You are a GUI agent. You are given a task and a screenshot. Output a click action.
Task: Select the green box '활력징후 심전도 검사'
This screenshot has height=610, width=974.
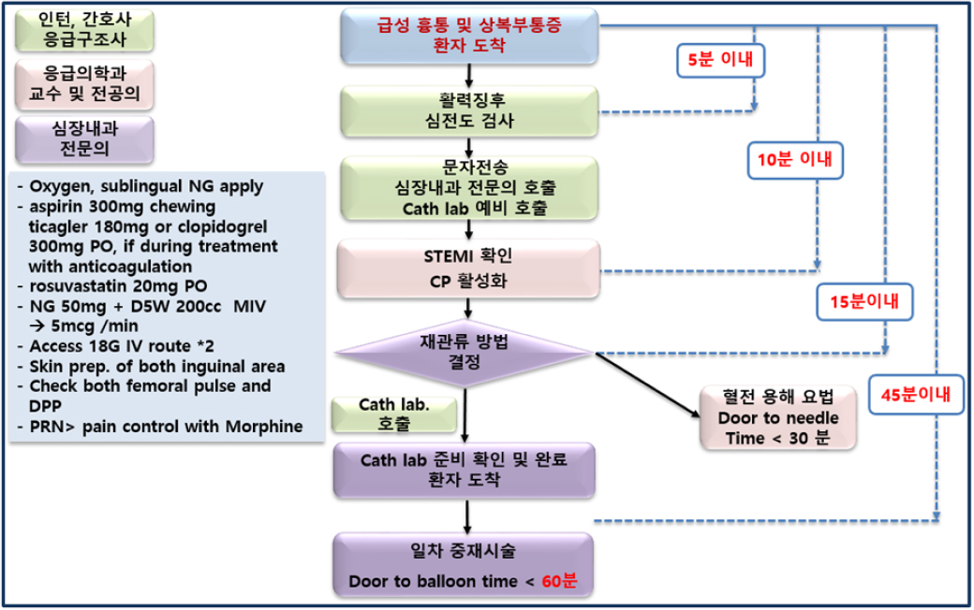tap(465, 111)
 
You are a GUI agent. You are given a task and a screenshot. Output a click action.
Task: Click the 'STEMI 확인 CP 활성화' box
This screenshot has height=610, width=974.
tap(465, 269)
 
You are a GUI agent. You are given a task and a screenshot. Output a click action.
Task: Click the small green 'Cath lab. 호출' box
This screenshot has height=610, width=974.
tap(393, 414)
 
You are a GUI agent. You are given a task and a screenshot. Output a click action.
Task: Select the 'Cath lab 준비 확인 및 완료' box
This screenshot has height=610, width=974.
tap(465, 470)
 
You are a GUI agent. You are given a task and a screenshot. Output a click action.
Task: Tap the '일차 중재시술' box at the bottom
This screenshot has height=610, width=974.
tap(465, 565)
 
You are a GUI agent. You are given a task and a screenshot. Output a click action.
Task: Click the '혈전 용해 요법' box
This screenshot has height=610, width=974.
tap(775, 416)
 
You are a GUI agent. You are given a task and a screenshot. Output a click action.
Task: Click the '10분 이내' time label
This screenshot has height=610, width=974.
tap(795, 161)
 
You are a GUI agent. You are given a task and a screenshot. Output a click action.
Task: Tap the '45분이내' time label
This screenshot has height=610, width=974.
tap(916, 395)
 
